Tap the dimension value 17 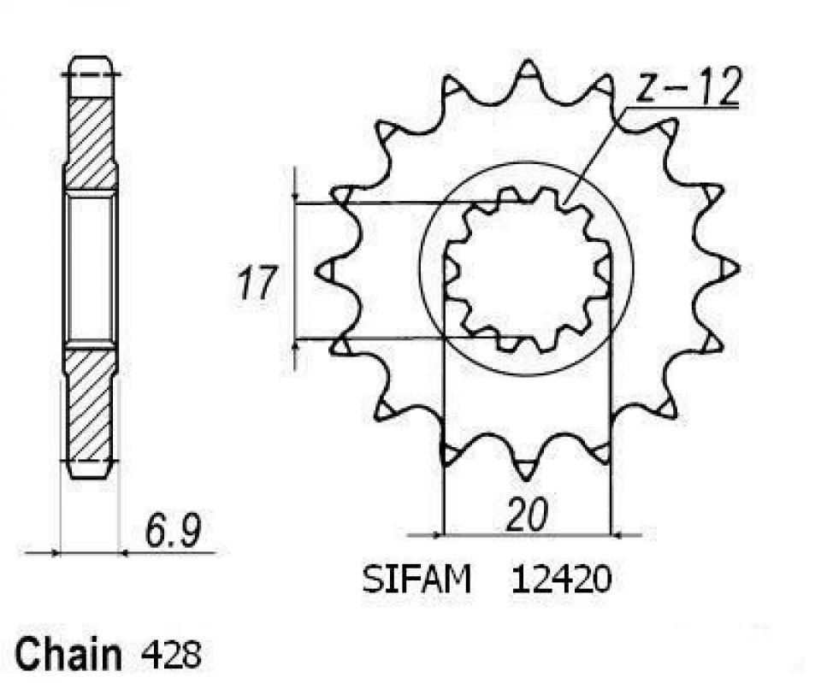(x=256, y=283)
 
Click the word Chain (x=68, y=654)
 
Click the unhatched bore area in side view (x=90, y=269)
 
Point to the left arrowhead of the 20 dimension (x=438, y=535)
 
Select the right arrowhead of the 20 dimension (x=617, y=535)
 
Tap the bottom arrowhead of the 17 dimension (x=296, y=345)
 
